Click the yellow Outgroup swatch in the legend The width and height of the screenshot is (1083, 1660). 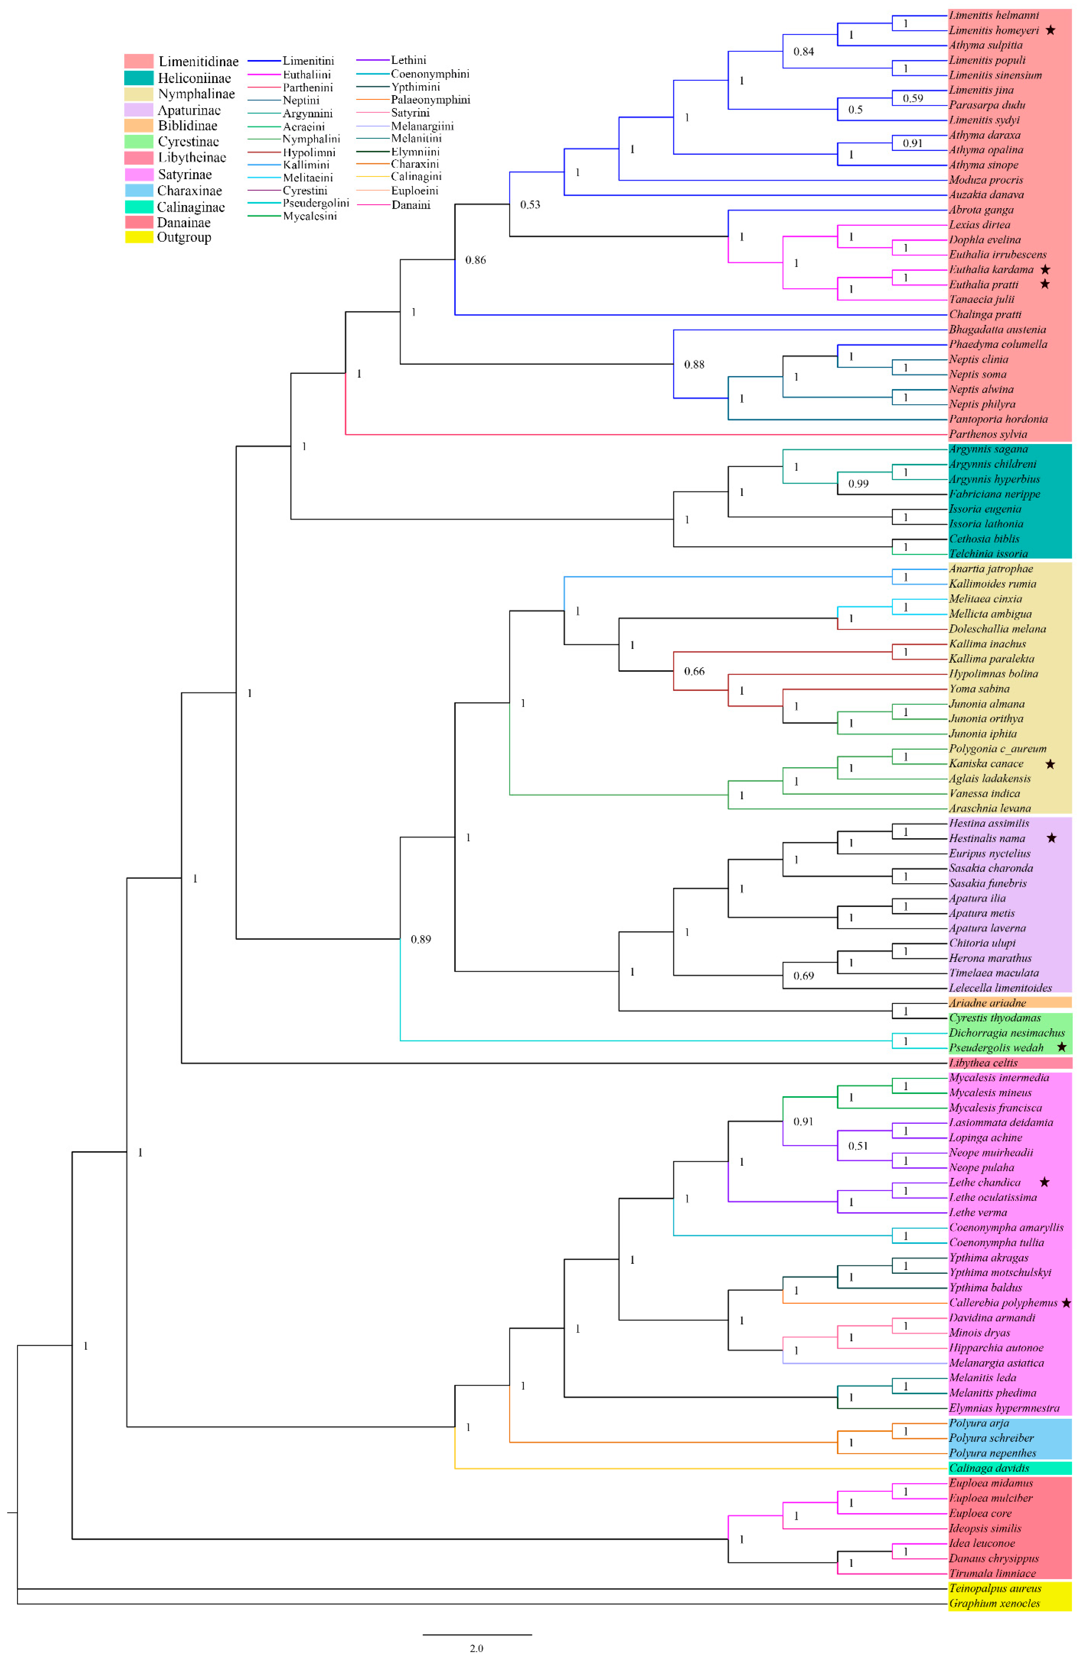[139, 237]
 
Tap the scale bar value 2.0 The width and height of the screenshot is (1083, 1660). [476, 1648]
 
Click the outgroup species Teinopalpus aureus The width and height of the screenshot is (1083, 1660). [994, 1588]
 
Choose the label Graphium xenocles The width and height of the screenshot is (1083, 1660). [994, 1604]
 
